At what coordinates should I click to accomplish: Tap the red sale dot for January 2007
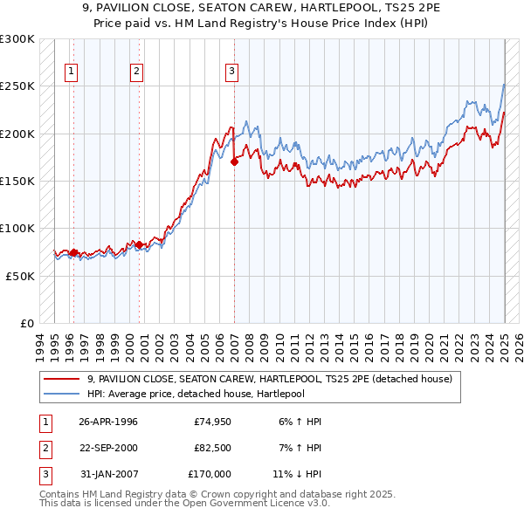234,161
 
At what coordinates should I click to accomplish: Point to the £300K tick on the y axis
17,39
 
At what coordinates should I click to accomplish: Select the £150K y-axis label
17,181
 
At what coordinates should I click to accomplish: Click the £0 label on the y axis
26,323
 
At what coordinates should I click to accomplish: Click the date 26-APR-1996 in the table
108,422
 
